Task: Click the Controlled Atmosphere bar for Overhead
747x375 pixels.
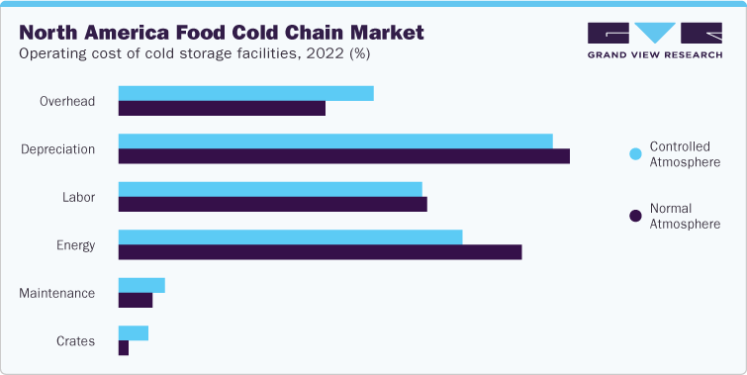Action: pyautogui.click(x=245, y=93)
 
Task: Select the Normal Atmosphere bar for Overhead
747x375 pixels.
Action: pyautogui.click(x=222, y=108)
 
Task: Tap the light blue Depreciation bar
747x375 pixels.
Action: pyautogui.click(x=335, y=141)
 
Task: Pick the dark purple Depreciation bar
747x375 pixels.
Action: pyautogui.click(x=343, y=156)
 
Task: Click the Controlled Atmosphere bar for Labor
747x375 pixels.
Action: pyautogui.click(x=270, y=189)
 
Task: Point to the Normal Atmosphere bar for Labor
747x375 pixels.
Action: pyautogui.click(x=272, y=204)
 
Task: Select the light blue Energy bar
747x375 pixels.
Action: pyautogui.click(x=290, y=237)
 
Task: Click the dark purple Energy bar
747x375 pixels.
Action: pyautogui.click(x=320, y=252)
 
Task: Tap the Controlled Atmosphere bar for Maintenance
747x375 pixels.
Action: pyautogui.click(x=141, y=285)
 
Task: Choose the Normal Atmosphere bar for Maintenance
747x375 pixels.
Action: pyautogui.click(x=136, y=300)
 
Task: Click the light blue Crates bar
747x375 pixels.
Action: pyautogui.click(x=133, y=333)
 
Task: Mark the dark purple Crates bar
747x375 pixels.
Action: pyautogui.click(x=124, y=348)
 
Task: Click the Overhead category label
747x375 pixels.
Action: pyautogui.click(x=67, y=101)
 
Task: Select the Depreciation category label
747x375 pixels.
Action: pyautogui.click(x=58, y=149)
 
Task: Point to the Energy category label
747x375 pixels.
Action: pyautogui.click(x=74, y=245)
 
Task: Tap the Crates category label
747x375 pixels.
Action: pyautogui.click(x=75, y=341)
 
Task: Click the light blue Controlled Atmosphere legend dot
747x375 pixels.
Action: pyautogui.click(x=635, y=153)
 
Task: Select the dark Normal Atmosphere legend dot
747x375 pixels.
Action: pyautogui.click(x=635, y=216)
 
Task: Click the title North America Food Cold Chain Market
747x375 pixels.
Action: pyautogui.click(x=222, y=33)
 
